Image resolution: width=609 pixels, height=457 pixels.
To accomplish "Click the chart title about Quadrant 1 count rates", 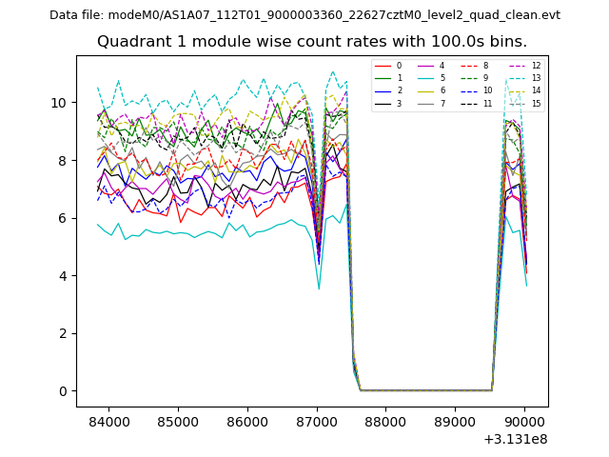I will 312,42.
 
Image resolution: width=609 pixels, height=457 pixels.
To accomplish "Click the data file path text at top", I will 304,15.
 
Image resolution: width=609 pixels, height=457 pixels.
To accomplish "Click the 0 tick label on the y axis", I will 64,391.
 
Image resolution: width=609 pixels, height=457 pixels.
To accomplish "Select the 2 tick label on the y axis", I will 64,333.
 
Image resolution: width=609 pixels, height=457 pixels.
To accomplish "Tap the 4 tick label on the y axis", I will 64,276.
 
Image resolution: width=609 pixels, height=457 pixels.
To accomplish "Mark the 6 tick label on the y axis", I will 64,218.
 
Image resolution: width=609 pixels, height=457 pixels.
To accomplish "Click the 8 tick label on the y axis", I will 64,161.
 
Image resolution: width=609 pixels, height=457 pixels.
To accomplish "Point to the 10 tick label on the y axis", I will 60,103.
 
